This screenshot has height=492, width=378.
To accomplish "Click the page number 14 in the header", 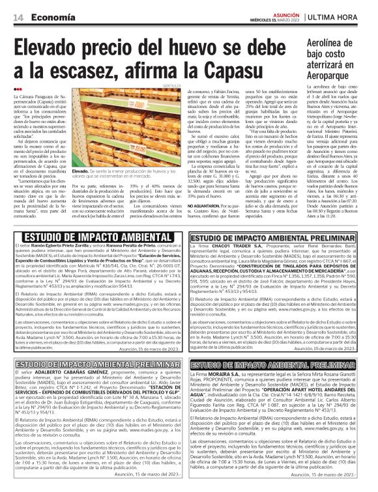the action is click(18, 16).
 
